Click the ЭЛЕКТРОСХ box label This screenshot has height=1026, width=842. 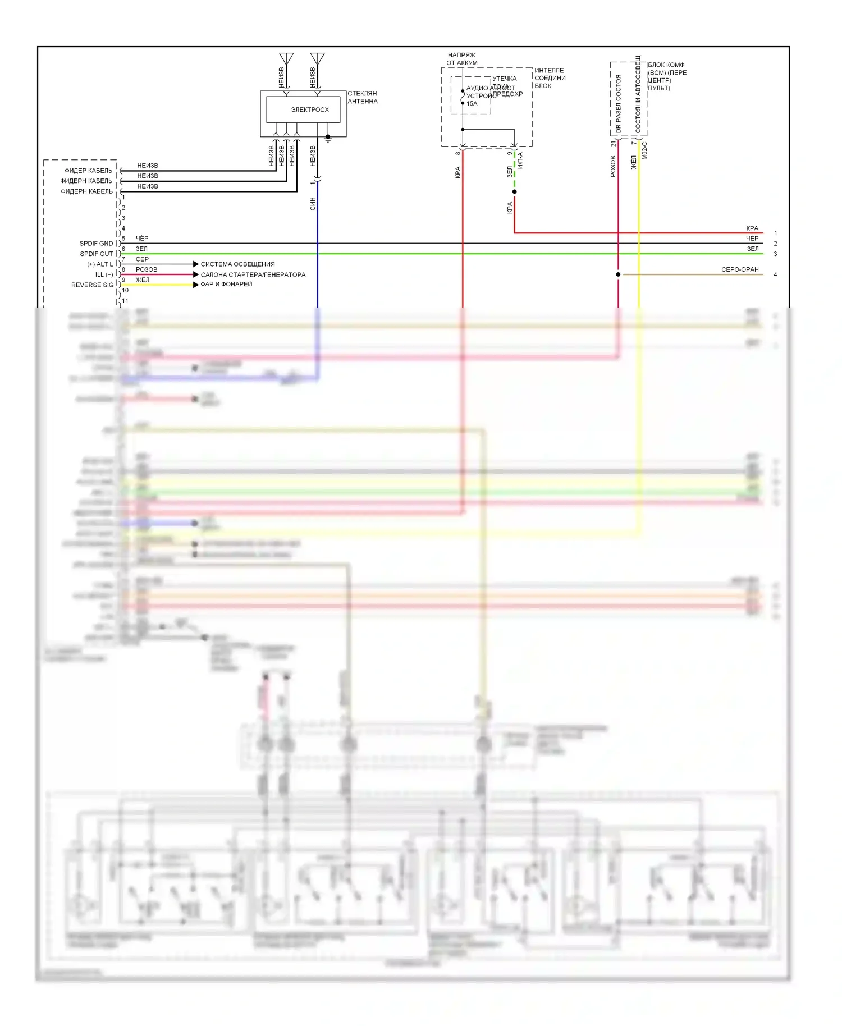click(309, 109)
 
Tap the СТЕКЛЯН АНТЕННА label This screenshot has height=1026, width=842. click(363, 97)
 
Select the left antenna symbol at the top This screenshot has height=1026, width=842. click(286, 59)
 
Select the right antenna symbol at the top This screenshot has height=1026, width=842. click(317, 59)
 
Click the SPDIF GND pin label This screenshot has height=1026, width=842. click(96, 244)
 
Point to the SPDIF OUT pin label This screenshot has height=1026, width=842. click(96, 254)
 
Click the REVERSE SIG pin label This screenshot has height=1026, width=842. click(92, 285)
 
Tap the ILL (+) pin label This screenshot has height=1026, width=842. click(104, 274)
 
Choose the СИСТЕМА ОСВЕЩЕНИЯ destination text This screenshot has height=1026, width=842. click(237, 264)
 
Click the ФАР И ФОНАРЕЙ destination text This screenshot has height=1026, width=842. click(226, 284)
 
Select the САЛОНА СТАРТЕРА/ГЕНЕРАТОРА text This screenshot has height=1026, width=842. click(253, 274)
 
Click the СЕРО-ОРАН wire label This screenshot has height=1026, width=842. click(740, 269)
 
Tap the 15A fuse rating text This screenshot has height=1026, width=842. click(472, 103)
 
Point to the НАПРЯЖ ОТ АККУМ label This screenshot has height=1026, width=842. click(462, 59)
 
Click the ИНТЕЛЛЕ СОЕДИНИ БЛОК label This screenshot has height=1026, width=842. click(550, 78)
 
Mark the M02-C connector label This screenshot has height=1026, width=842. click(644, 150)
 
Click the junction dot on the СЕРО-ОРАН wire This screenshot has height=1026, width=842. click(618, 274)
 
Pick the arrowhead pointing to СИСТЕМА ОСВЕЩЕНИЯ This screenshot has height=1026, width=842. click(195, 264)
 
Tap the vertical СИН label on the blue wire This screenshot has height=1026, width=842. click(313, 204)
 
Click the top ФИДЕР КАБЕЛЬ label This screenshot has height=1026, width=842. click(88, 171)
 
